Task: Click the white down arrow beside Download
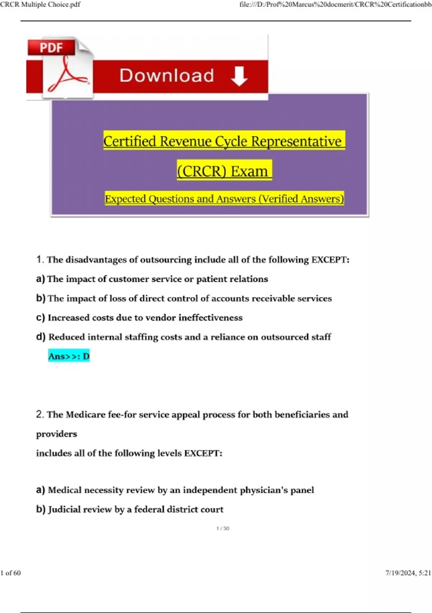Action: point(239,76)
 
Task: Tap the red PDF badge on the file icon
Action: point(51,48)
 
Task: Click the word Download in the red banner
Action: point(167,76)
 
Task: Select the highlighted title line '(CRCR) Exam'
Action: point(224,171)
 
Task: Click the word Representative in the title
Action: point(296,141)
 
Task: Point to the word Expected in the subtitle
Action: point(125,199)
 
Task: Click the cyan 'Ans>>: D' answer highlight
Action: point(69,356)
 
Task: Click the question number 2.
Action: point(40,414)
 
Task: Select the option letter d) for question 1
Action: point(41,337)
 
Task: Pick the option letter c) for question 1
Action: point(40,318)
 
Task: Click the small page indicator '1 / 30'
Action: point(223,528)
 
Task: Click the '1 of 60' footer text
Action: point(11,573)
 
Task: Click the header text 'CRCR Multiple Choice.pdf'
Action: point(40,5)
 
